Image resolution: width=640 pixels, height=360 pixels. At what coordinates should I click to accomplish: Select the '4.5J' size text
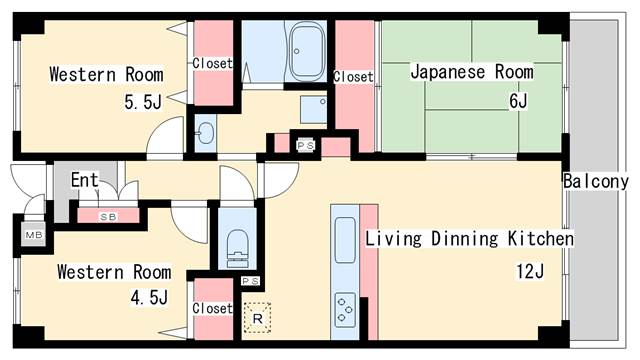point(147,297)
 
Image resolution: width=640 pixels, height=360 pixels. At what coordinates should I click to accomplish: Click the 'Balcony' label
point(596,182)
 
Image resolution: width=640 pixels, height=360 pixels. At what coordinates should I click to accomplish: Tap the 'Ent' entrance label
point(84,180)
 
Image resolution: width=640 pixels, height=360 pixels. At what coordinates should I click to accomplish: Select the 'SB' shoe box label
point(106,215)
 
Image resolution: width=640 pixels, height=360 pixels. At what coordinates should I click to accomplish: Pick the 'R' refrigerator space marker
point(258,319)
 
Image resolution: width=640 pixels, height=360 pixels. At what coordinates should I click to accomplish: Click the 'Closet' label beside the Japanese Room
point(353,76)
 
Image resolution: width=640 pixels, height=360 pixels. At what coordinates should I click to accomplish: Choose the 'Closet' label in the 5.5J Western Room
point(212,63)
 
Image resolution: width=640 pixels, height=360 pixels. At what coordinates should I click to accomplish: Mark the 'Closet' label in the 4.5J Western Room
point(212,308)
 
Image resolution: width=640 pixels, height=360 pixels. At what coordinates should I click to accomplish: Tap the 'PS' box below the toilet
point(250,282)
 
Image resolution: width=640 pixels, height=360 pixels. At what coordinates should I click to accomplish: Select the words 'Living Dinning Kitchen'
point(469,240)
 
